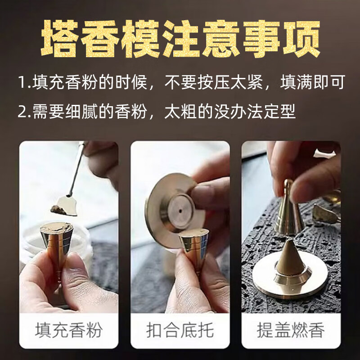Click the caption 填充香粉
pyautogui.click(x=68, y=330)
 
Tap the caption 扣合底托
pyautogui.click(x=180, y=330)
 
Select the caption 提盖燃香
pyautogui.click(x=291, y=330)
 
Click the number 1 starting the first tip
pyautogui.click(x=21, y=83)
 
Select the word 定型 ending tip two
pyautogui.click(x=280, y=111)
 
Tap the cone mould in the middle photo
pyautogui.click(x=194, y=247)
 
